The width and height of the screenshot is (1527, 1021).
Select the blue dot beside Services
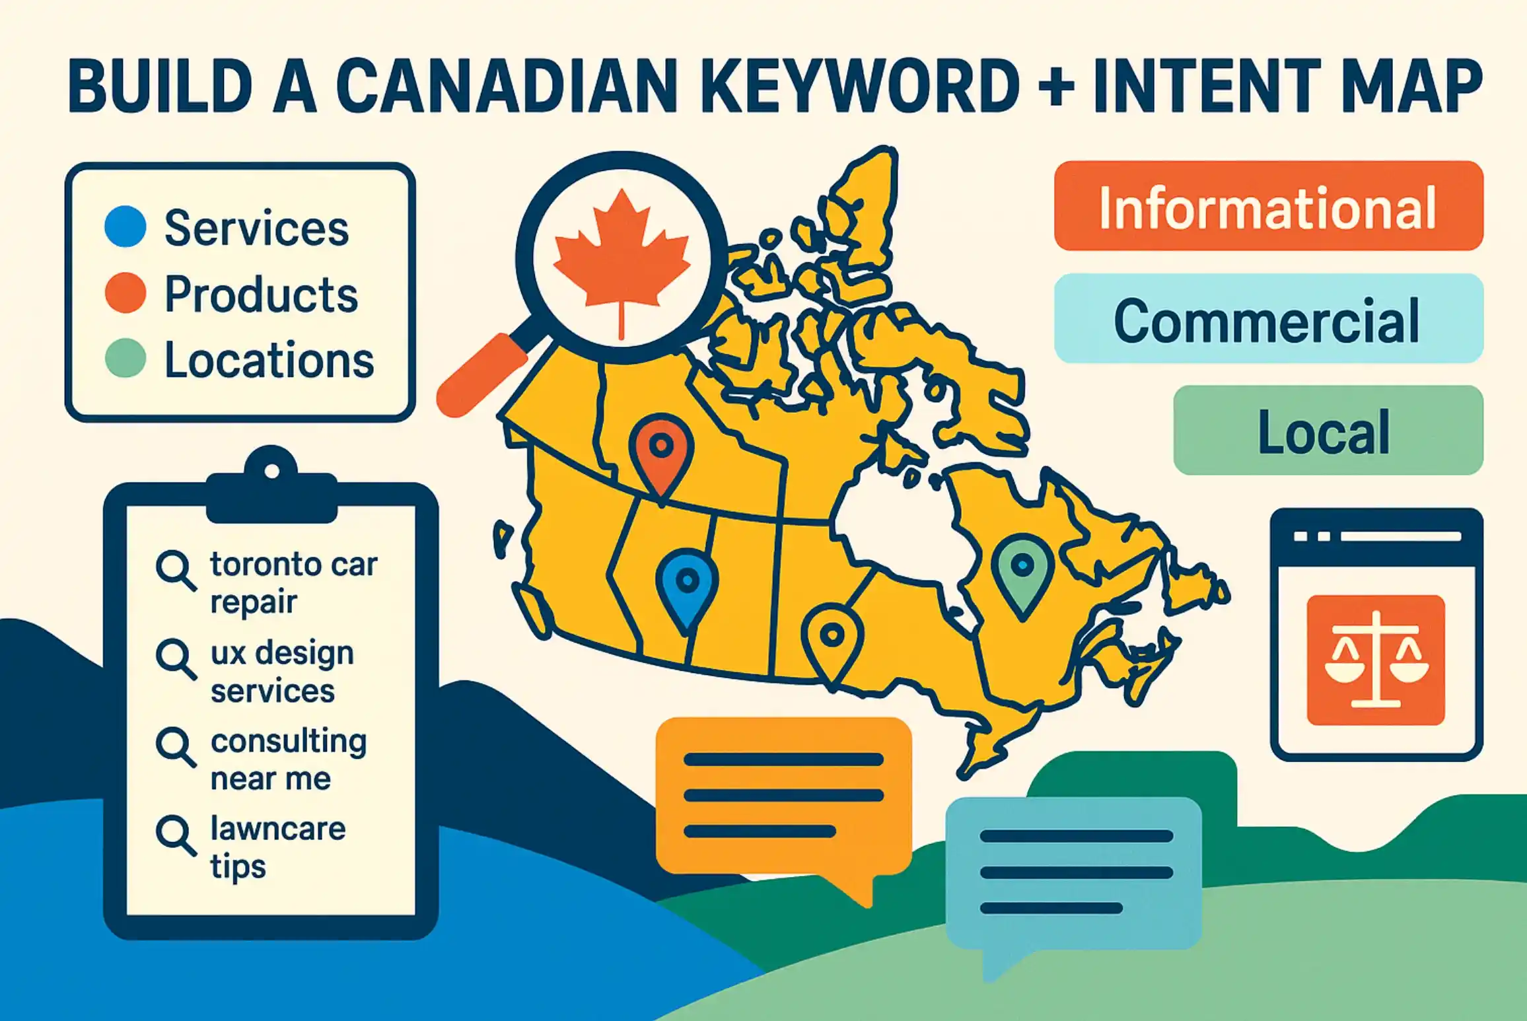coord(125,227)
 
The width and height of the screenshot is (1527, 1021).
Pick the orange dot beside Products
coord(125,293)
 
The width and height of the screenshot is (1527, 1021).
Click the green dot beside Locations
coord(125,358)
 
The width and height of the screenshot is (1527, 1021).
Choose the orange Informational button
coord(1268,206)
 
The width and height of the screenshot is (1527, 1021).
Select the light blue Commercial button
coord(1268,319)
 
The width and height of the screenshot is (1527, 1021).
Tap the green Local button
coord(1328,431)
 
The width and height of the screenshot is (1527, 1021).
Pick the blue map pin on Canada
coord(687,584)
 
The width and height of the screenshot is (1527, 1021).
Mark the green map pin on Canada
coord(1022,569)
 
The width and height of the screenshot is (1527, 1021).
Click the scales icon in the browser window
coord(1376,660)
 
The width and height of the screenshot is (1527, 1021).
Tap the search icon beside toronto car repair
coord(175,571)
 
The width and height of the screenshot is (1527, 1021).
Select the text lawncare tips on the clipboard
coord(277,847)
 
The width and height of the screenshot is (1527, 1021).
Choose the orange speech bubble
coord(783,796)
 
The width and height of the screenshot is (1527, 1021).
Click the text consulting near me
coord(288,759)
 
